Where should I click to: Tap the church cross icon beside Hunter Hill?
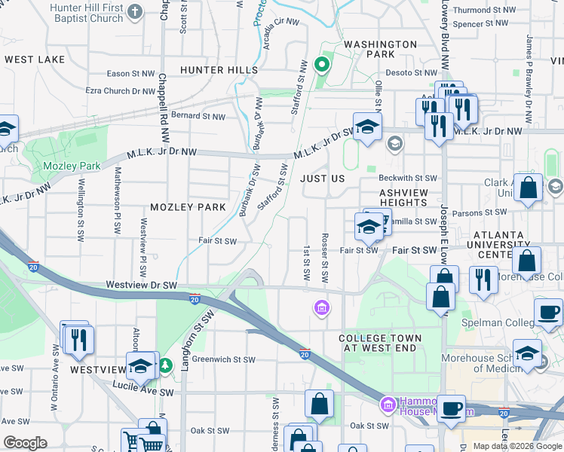pyautogui.click(x=135, y=11)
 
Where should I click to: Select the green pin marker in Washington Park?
pyautogui.click(x=323, y=64)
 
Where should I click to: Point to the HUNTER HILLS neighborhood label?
pyautogui.click(x=219, y=70)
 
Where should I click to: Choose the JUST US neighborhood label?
pyautogui.click(x=322, y=179)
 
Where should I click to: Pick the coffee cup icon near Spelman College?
pyautogui.click(x=548, y=312)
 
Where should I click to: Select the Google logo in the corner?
pyautogui.click(x=26, y=442)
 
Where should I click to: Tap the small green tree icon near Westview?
pyautogui.click(x=165, y=366)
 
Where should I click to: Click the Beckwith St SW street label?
pyautogui.click(x=408, y=179)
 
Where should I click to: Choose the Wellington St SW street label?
pyautogui.click(x=80, y=210)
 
